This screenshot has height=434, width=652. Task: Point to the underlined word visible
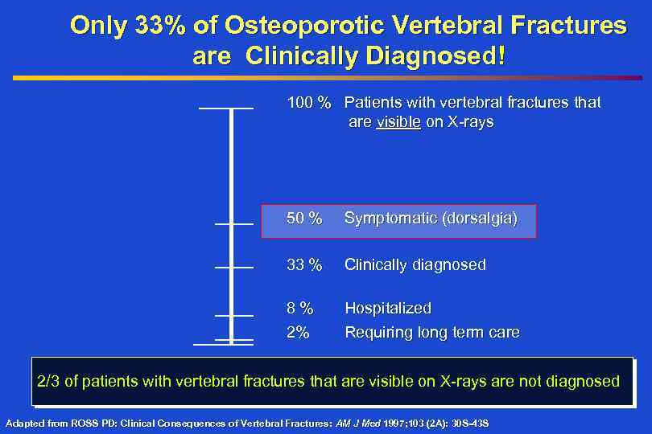click(398, 122)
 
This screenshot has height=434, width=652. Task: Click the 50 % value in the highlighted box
click(305, 219)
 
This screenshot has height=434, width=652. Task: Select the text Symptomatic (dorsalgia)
click(431, 219)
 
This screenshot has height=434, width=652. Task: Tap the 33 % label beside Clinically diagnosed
click(305, 264)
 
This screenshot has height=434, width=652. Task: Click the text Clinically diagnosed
click(415, 264)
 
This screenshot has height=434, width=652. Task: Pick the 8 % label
click(300, 308)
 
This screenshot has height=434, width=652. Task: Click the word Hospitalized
click(388, 308)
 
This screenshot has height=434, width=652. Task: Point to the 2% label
click(298, 332)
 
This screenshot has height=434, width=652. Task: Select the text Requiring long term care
click(431, 332)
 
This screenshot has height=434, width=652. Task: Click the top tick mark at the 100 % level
click(226, 108)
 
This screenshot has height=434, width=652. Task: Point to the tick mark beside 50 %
click(234, 223)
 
